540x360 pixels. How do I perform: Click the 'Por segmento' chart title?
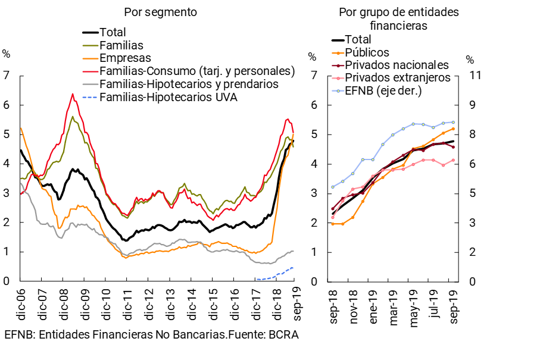[x=160, y=12]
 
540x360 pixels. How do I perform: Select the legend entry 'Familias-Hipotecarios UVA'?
[x=168, y=97]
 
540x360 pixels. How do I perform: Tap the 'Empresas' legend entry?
[x=125, y=58]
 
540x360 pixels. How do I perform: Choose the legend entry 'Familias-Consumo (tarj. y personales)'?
[x=197, y=71]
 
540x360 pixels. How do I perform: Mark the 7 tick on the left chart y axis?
[x=7, y=76]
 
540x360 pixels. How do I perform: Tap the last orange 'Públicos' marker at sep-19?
[x=454, y=129]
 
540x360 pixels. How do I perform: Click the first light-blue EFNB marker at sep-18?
[x=333, y=187]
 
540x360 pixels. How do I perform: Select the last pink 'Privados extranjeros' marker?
[x=454, y=160]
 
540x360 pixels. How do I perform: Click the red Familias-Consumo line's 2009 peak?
[x=73, y=94]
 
